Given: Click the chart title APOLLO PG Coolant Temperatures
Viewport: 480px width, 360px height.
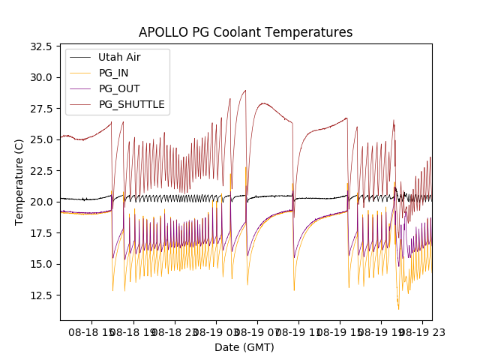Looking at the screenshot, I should (245, 32).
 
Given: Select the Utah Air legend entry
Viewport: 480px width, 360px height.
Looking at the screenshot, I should (119, 57).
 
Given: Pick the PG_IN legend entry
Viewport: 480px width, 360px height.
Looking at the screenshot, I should (113, 73).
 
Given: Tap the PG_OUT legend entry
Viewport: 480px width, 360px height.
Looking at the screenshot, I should (118, 88).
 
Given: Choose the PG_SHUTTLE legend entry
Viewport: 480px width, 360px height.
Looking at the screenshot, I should (131, 104).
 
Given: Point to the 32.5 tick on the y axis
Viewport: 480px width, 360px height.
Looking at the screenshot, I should (41, 46).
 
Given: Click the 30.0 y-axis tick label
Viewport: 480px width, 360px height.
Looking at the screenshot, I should (41, 77).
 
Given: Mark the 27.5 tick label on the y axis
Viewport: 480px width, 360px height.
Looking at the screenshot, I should (41, 109).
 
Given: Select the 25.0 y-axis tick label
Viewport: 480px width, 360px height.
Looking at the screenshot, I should (41, 139).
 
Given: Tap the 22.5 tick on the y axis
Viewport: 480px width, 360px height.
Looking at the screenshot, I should (41, 171).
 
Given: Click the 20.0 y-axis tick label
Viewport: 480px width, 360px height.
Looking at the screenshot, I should (41, 202).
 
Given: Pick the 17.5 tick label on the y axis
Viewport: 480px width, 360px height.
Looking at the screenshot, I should (41, 233).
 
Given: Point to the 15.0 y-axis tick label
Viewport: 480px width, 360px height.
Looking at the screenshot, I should (41, 264).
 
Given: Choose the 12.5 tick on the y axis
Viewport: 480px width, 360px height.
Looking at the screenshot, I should (41, 295).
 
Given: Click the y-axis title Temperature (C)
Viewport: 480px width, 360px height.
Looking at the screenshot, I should (19, 182).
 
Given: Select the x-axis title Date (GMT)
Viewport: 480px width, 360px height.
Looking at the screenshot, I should (244, 347).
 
